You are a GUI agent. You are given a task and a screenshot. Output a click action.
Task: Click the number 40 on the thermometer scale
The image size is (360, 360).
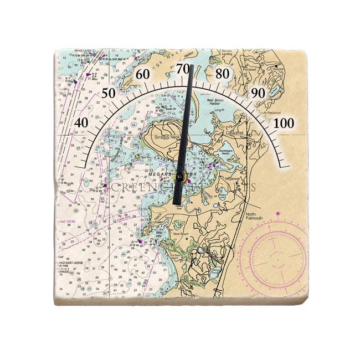click(x=82, y=122)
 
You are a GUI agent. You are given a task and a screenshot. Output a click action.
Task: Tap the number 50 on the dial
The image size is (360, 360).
click(x=109, y=92)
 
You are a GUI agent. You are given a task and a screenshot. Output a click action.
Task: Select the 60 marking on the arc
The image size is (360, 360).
click(x=143, y=74)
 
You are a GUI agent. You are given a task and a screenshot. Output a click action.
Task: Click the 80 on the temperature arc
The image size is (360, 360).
click(x=223, y=74)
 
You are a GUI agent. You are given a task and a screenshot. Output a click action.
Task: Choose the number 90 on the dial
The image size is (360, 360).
click(x=258, y=93)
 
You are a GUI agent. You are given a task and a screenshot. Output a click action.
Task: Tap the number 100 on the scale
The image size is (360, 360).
click(x=284, y=123)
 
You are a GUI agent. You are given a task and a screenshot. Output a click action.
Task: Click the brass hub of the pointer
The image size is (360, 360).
click(x=179, y=177)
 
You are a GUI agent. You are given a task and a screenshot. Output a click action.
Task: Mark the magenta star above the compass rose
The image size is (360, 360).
click(x=278, y=213)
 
